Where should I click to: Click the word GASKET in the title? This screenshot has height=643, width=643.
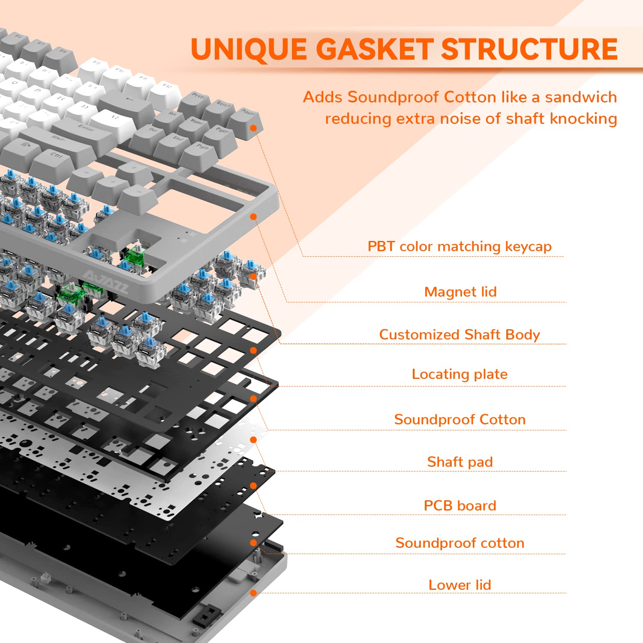[x=375, y=49]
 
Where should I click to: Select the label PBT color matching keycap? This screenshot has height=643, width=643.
[x=460, y=246]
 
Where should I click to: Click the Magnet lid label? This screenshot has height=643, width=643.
[x=460, y=292]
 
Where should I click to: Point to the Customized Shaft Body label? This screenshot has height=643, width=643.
[x=460, y=334]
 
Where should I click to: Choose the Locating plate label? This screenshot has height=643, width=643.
[x=460, y=374]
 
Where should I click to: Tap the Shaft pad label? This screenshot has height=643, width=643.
[x=460, y=462]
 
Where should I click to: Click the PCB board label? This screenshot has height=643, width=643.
[x=460, y=505]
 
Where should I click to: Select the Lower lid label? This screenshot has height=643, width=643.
[x=460, y=585]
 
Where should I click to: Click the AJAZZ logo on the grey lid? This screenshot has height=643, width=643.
[x=105, y=281]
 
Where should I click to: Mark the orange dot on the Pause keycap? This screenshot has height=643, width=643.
[x=253, y=128]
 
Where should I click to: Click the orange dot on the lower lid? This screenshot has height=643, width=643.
[x=253, y=593]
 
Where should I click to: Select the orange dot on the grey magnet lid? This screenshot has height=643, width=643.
[x=253, y=217]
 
